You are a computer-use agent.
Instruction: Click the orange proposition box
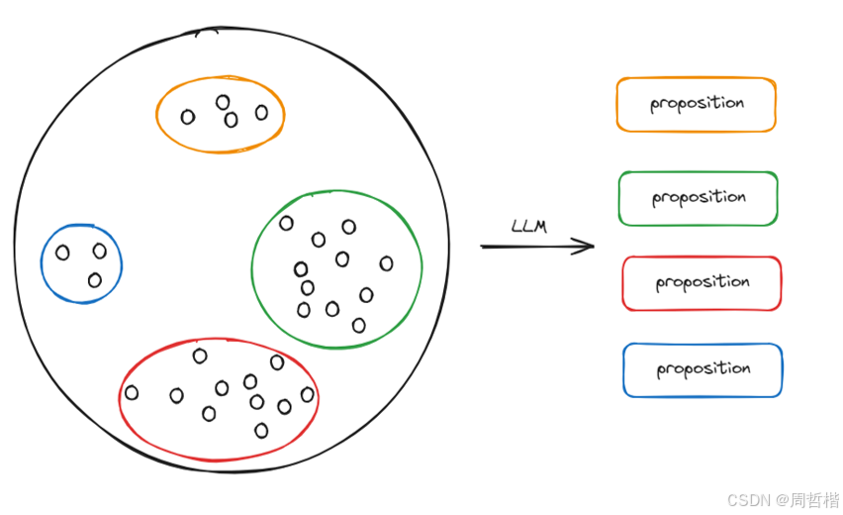(696, 104)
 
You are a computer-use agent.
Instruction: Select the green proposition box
(698, 198)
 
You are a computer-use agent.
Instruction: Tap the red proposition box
(702, 283)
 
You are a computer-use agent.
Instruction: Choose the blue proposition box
(702, 369)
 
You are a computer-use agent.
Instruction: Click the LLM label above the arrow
(528, 227)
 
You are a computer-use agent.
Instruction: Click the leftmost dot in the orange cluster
(188, 117)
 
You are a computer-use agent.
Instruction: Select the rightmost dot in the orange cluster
(261, 113)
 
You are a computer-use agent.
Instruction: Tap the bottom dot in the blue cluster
(95, 280)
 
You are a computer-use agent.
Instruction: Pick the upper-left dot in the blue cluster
(62, 253)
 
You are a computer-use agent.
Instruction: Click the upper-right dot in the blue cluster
(99, 251)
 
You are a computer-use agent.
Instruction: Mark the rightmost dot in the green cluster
(386, 263)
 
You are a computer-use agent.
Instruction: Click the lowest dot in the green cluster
(358, 325)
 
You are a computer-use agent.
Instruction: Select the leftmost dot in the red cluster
(132, 393)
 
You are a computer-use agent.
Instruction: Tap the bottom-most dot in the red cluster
(261, 430)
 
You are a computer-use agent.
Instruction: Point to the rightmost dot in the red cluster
(307, 395)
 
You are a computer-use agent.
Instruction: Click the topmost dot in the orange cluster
(223, 102)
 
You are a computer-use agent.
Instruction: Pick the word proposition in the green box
(699, 198)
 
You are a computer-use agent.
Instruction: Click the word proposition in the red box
(702, 283)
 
